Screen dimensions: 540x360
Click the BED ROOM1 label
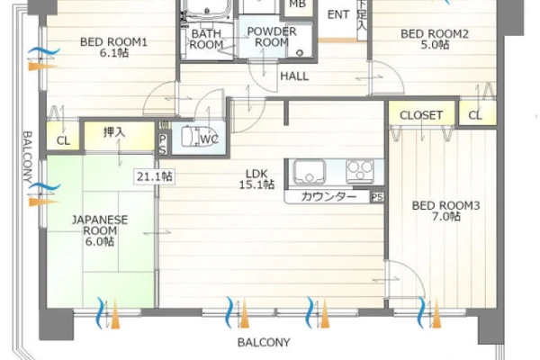point(113,42)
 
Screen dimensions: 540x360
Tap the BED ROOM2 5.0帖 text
point(435,40)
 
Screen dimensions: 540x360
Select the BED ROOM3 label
point(446,206)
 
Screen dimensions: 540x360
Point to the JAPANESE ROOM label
point(100,225)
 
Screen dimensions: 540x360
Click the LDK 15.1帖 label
point(256,179)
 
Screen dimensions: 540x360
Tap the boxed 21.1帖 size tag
point(155,176)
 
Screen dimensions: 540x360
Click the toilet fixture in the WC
point(192,137)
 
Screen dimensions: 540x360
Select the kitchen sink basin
point(309,171)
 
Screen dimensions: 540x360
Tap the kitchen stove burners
point(360,171)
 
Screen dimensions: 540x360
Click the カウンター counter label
point(328,197)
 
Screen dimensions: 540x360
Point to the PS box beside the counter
point(377,197)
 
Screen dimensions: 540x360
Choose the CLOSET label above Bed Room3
point(421,115)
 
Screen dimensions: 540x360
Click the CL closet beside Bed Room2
point(475,115)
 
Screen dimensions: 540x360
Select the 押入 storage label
point(114,132)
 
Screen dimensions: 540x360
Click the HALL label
point(294,76)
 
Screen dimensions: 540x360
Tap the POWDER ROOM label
point(272,37)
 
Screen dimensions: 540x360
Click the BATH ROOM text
point(206,40)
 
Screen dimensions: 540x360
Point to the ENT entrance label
point(338,14)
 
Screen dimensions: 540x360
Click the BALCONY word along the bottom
point(264,342)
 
